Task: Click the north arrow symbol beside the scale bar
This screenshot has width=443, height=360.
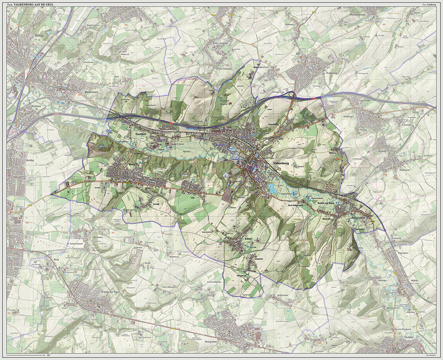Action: pos(49,354)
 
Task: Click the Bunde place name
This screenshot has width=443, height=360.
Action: pos(39,36)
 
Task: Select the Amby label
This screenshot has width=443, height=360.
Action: pos(30,161)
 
